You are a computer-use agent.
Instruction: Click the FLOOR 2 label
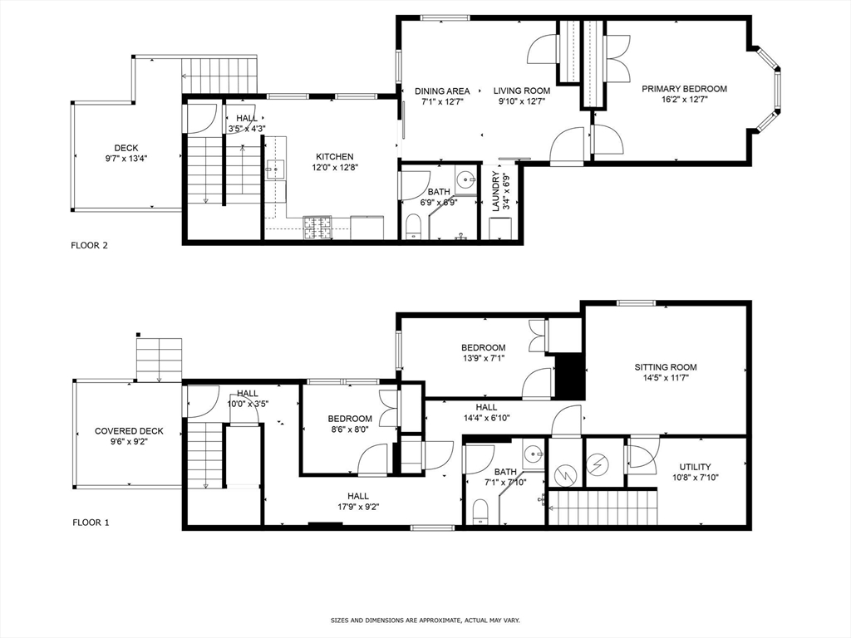(90, 245)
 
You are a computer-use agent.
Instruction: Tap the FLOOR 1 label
(90, 523)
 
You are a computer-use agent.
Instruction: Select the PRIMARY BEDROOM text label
(684, 89)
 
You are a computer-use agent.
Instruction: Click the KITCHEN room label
(335, 156)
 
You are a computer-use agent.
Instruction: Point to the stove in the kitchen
(317, 228)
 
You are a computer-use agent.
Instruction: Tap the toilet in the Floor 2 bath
(413, 227)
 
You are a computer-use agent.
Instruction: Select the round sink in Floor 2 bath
(465, 179)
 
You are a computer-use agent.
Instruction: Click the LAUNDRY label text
(496, 191)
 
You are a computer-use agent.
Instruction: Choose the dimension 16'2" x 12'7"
(684, 100)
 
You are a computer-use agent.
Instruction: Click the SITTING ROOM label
(666, 366)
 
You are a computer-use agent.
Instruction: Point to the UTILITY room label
(695, 467)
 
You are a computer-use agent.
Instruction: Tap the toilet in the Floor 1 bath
(481, 512)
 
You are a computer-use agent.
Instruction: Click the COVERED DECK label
(129, 431)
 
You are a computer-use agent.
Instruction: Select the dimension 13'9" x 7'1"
(483, 358)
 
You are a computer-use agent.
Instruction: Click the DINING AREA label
(442, 91)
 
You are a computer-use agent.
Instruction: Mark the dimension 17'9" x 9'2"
(358, 507)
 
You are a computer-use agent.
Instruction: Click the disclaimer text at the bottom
(425, 620)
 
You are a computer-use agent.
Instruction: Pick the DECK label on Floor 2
(126, 148)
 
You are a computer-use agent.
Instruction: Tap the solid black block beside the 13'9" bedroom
(569, 375)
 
